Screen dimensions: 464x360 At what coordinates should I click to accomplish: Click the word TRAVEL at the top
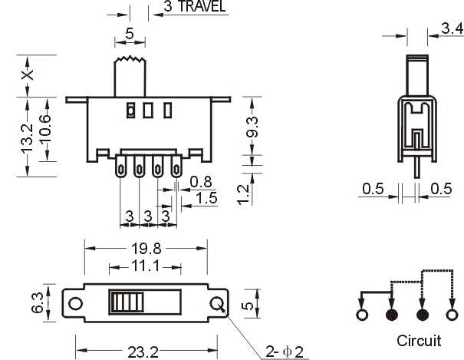202,6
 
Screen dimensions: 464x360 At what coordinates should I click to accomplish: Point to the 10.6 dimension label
44,130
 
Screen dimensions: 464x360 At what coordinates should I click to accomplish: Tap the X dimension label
27,75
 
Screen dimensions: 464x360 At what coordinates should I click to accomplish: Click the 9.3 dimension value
252,127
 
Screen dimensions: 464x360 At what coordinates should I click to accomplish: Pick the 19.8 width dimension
146,249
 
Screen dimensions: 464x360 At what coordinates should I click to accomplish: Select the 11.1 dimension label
145,266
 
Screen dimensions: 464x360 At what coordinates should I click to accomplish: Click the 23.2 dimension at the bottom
143,352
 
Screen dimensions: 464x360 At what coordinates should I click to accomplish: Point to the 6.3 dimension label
38,302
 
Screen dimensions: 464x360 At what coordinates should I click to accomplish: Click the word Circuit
419,341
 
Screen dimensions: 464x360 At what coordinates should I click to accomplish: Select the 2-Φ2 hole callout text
284,352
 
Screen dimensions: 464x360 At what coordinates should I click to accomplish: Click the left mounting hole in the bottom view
75,303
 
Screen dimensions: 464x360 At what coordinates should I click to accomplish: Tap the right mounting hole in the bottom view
217,303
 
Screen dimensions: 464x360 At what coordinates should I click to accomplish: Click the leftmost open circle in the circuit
362,315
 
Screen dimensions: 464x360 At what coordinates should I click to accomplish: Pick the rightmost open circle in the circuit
452,315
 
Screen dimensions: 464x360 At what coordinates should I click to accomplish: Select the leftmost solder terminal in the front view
120,167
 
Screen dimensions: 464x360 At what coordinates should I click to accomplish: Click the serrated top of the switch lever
130,59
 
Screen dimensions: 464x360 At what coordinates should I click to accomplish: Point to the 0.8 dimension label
201,182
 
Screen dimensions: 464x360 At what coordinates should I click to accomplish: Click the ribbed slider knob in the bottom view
127,302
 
